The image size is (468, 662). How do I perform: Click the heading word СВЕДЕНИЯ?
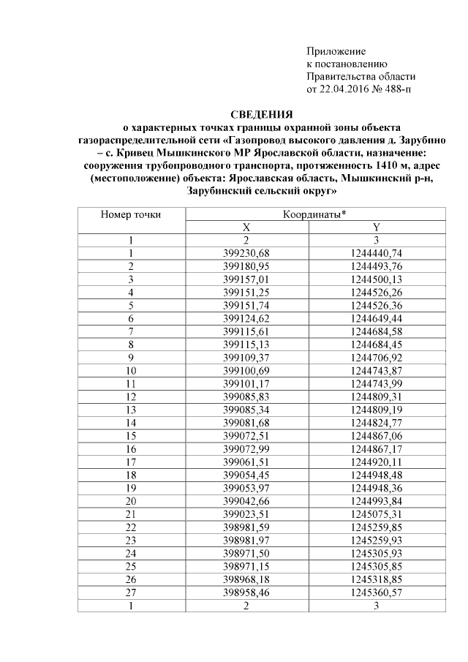click(261, 114)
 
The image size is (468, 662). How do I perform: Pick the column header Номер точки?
click(131, 214)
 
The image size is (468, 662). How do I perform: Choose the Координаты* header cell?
click(314, 214)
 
